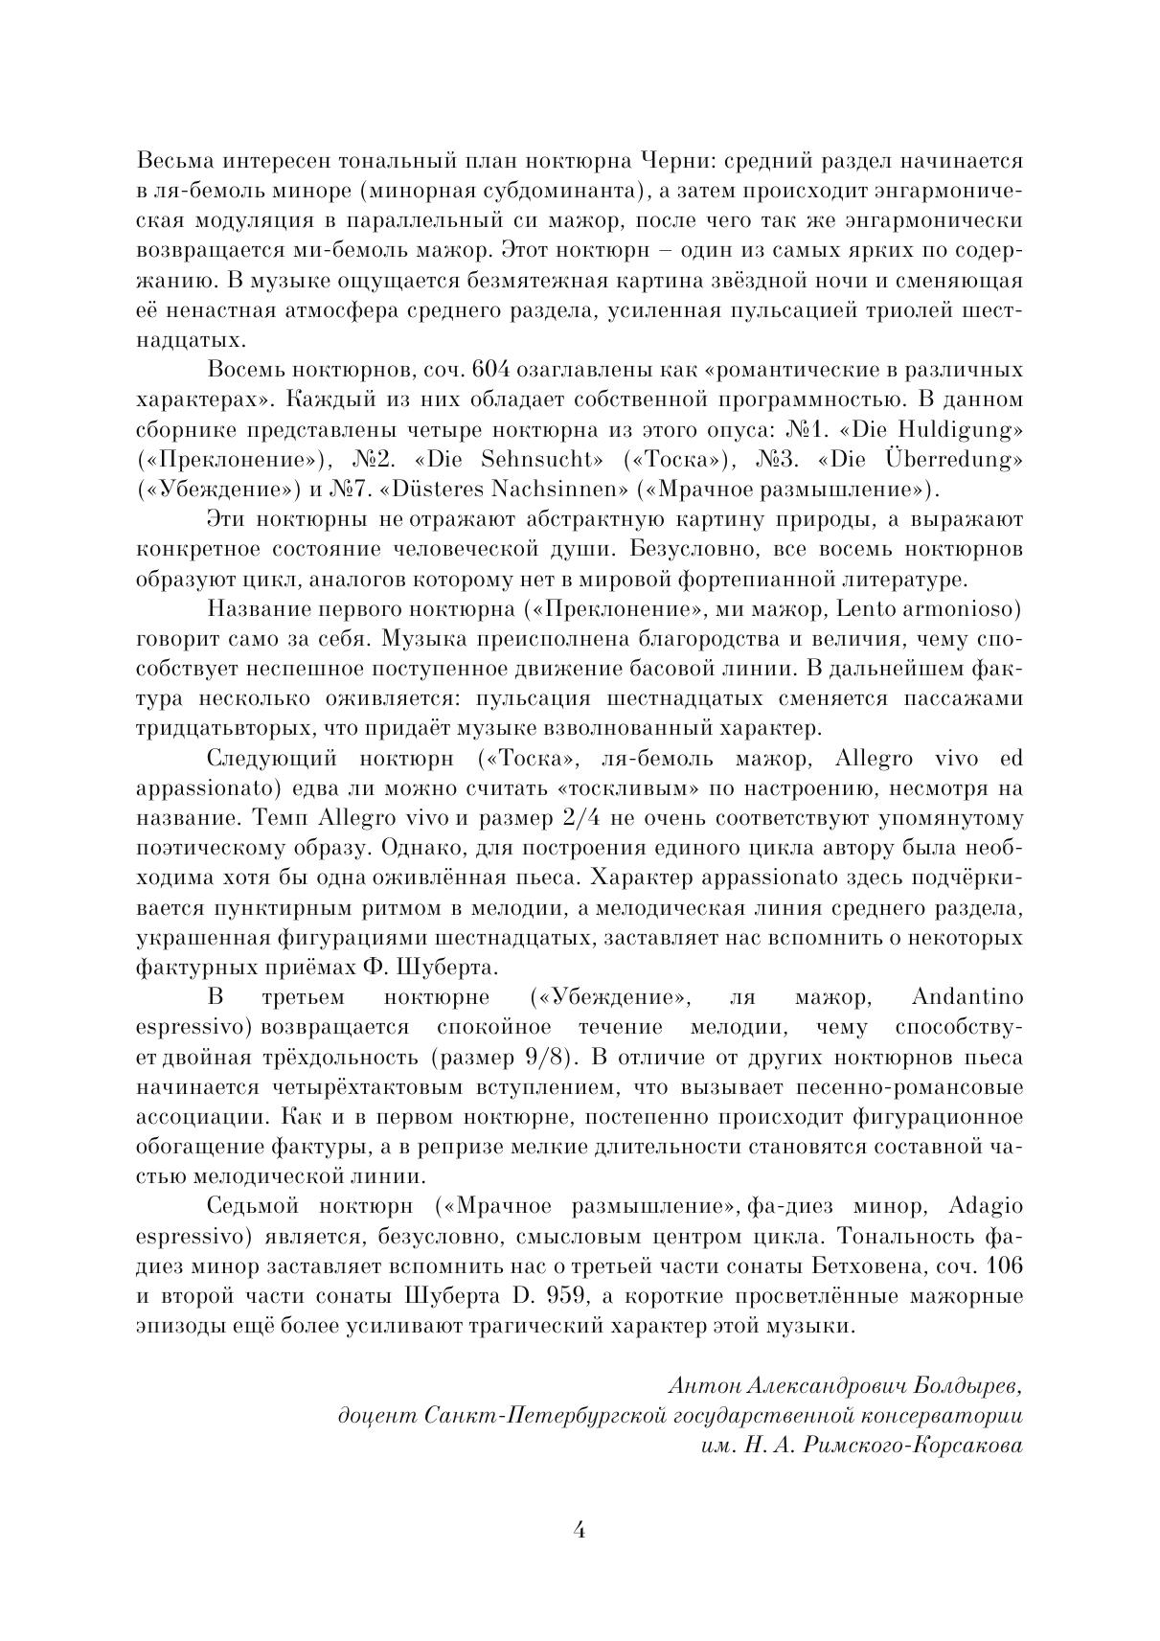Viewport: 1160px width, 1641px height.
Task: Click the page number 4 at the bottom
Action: click(x=579, y=1529)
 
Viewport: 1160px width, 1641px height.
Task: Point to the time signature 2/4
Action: click(x=580, y=819)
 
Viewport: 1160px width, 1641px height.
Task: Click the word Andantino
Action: click(x=967, y=998)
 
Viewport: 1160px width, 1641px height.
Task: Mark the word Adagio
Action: click(x=988, y=1206)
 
